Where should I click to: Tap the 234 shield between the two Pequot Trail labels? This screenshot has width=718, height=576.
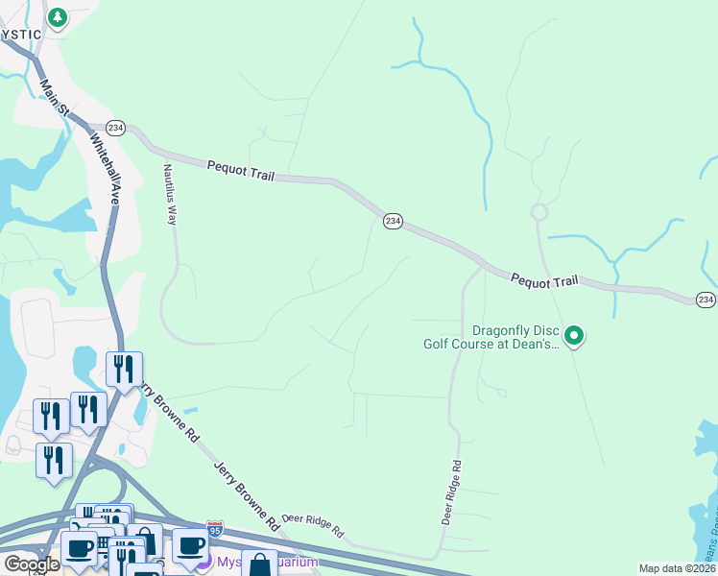[x=393, y=221]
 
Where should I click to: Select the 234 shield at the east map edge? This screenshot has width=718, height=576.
[x=706, y=300]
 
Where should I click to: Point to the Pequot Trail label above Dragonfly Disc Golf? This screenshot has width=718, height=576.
[x=544, y=280]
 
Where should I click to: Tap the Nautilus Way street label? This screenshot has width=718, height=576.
[x=171, y=195]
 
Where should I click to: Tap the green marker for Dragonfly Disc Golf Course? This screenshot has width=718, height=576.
[x=574, y=335]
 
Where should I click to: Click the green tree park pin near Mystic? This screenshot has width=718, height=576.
[x=58, y=17]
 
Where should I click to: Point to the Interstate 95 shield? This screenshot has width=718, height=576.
[x=214, y=529]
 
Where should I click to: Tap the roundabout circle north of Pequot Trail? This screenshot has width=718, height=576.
[x=539, y=212]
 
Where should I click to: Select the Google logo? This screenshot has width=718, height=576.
[x=32, y=564]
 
